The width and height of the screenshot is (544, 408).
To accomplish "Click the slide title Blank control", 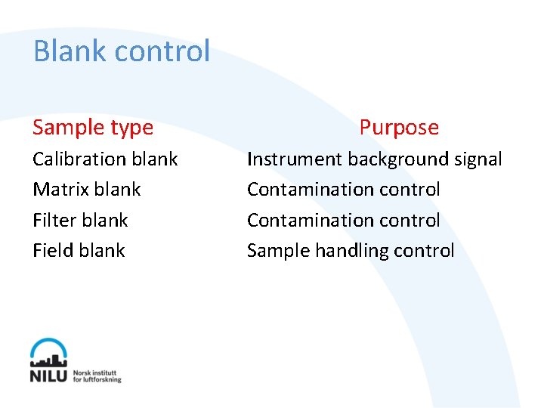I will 122,51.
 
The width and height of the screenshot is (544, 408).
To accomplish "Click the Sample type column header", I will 93,127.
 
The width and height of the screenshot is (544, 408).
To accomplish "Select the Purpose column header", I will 399,127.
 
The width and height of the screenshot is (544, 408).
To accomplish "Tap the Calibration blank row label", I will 105,159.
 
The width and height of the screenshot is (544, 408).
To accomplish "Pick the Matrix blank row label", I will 86,190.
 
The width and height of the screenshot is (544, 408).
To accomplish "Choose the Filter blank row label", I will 80,221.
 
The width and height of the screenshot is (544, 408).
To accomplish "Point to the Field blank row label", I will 79,251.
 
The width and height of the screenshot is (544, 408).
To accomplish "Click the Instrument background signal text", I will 374,159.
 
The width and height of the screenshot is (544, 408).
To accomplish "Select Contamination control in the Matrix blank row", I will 343,190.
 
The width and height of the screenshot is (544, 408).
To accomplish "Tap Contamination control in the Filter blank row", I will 343,221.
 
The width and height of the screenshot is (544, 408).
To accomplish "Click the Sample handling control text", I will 351,251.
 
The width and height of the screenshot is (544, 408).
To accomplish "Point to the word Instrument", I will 295,159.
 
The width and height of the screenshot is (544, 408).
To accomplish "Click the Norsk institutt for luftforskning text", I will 97,376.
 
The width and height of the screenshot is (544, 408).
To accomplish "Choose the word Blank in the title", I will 66,51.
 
